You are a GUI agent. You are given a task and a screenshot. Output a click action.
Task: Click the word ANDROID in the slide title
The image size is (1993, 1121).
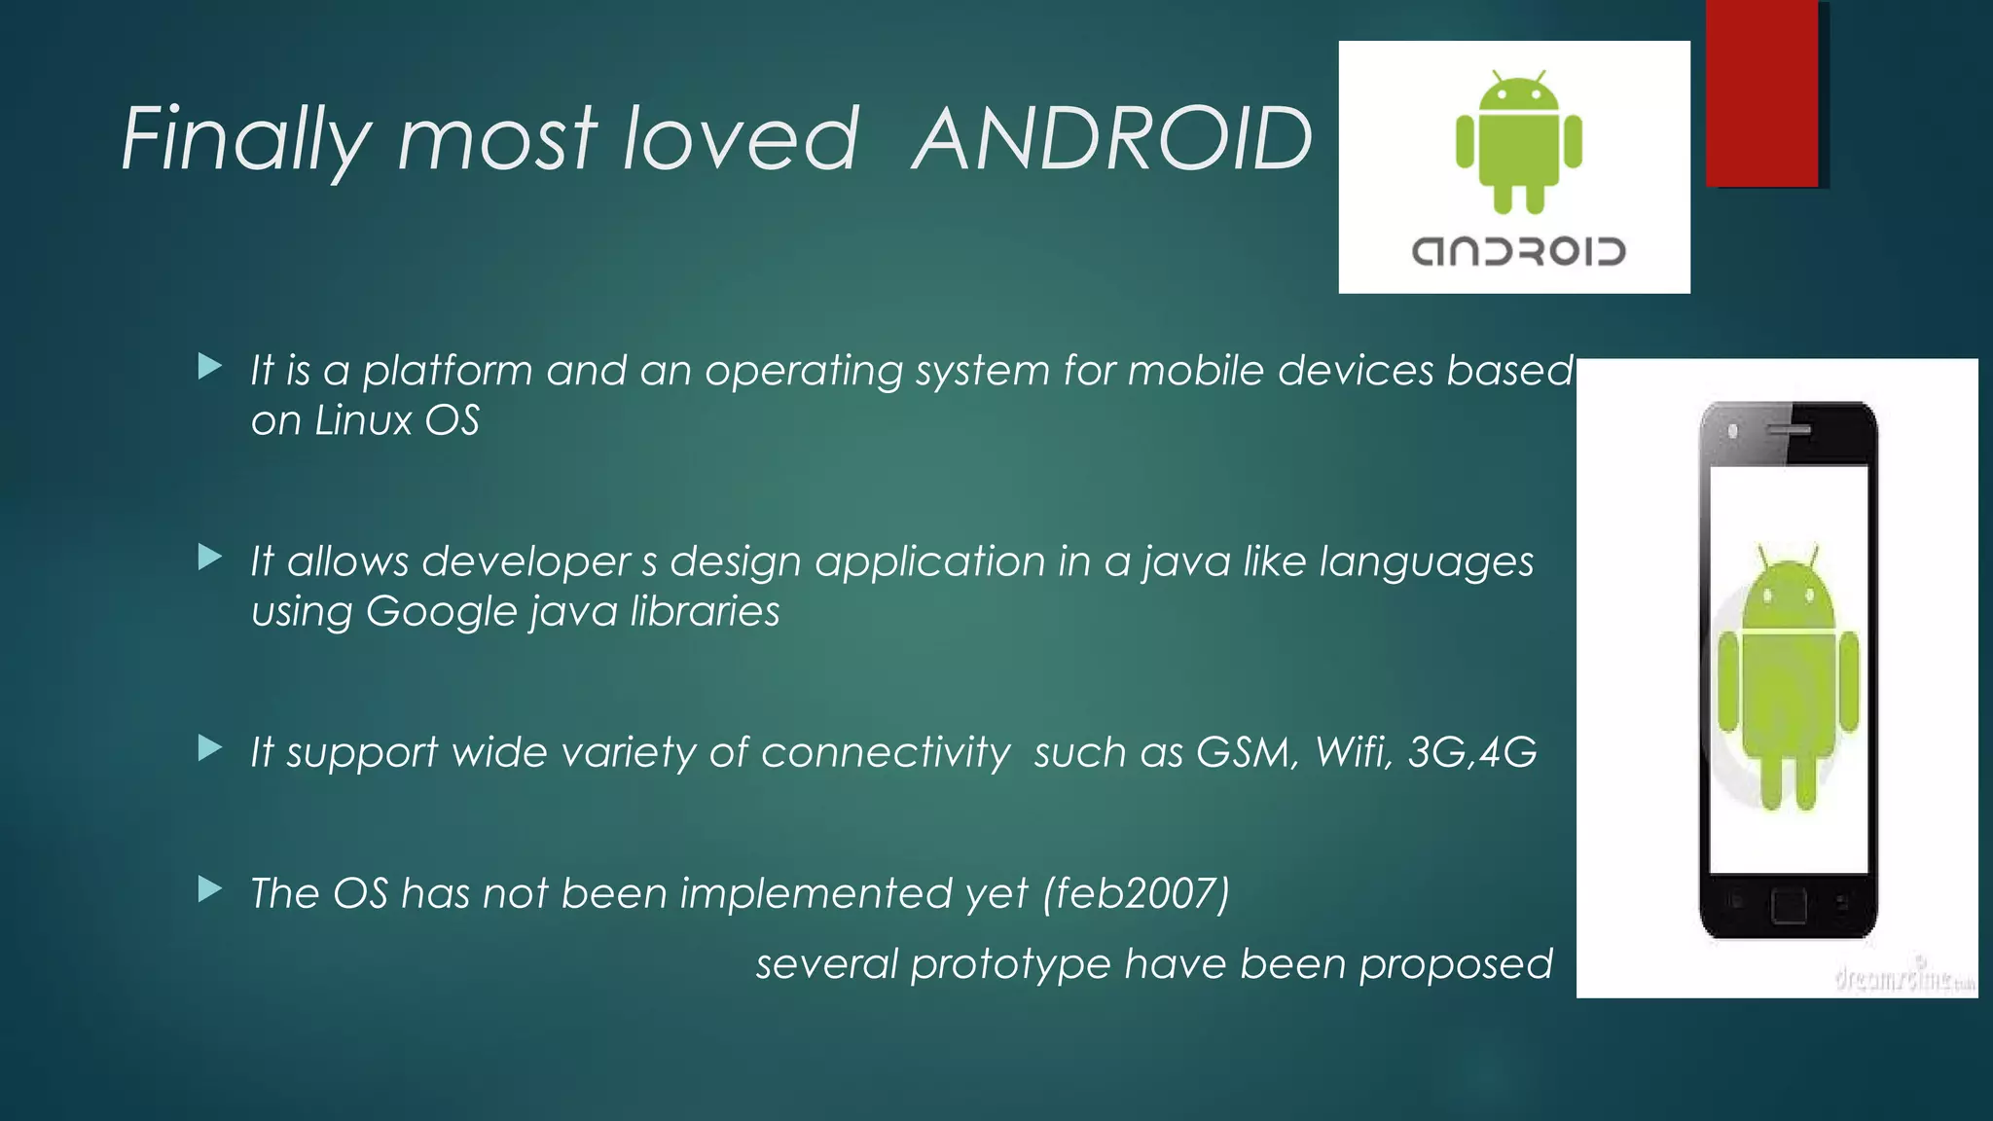(x=1112, y=140)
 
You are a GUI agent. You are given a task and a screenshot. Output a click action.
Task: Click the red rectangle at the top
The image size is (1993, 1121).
(x=1761, y=92)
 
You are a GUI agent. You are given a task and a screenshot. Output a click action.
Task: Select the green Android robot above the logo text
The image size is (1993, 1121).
(x=1518, y=142)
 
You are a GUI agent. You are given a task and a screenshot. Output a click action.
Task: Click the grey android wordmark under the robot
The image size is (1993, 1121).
(x=1518, y=251)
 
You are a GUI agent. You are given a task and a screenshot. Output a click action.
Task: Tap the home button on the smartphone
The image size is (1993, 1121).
(x=1789, y=905)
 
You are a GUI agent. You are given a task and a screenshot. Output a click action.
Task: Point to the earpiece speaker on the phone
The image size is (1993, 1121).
(x=1789, y=429)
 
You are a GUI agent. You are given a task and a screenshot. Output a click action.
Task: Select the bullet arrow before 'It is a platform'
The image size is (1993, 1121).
(x=209, y=367)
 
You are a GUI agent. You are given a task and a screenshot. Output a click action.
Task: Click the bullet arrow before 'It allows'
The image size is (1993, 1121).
(x=209, y=558)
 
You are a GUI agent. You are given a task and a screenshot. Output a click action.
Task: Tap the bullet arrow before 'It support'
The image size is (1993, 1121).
(x=209, y=748)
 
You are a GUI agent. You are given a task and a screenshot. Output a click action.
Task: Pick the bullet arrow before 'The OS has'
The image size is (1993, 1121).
(x=209, y=889)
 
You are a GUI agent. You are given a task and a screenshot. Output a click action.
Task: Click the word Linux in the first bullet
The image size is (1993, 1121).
(x=363, y=420)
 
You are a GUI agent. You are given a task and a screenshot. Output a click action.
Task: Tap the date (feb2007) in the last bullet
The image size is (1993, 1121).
(x=1137, y=893)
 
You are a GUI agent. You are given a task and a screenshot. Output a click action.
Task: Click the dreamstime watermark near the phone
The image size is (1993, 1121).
(x=1903, y=978)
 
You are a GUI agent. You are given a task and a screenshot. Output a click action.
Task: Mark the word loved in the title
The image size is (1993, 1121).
(x=741, y=140)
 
